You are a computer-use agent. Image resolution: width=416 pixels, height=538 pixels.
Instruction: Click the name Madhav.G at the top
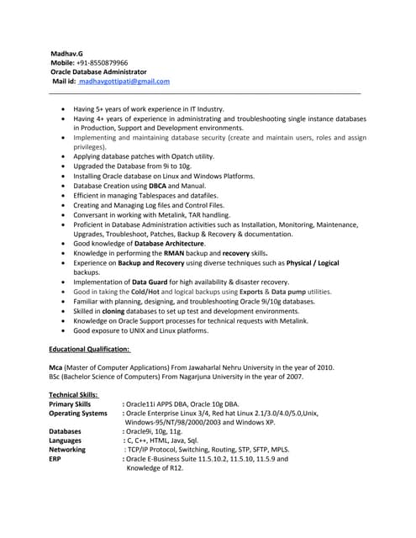pyautogui.click(x=68, y=52)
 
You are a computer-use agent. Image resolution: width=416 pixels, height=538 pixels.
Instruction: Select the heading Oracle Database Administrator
pyautogui.click(x=98, y=72)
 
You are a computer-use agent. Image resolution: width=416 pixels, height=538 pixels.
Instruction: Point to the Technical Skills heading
pyautogui.click(x=73, y=394)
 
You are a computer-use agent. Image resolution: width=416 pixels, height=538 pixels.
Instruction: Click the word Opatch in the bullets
pyautogui.click(x=178, y=156)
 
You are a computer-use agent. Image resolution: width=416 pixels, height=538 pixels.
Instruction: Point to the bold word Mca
pyautogui.click(x=56, y=367)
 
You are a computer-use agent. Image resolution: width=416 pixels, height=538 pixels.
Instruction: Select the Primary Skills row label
pyautogui.click(x=70, y=404)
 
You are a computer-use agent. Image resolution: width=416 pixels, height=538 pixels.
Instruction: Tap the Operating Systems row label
pyautogui.click(x=78, y=414)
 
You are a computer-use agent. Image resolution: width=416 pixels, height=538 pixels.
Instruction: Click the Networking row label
pyautogui.click(x=67, y=451)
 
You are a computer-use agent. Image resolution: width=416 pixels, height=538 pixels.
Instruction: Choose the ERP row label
pyautogui.click(x=55, y=460)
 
